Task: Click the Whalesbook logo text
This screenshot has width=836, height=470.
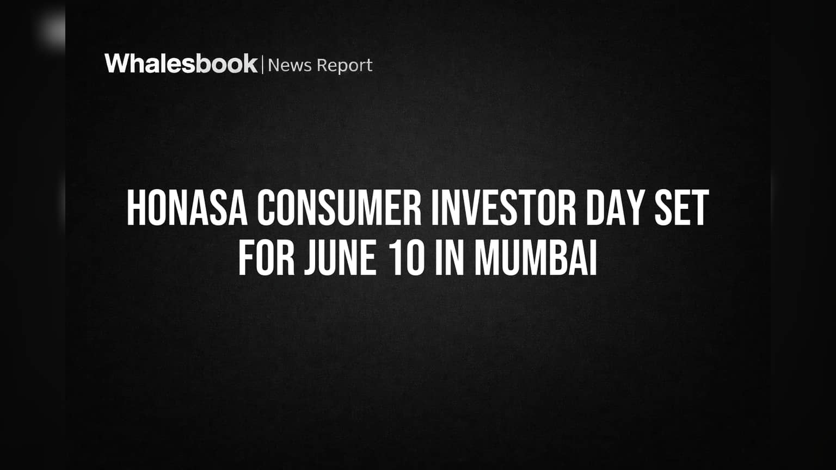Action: (181, 64)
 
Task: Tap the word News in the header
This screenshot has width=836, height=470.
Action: (290, 65)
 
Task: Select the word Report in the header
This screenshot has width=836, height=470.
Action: (345, 66)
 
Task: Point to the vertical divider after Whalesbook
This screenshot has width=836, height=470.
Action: (263, 64)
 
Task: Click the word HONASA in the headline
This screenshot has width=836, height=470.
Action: (187, 208)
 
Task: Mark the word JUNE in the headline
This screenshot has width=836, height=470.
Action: (340, 258)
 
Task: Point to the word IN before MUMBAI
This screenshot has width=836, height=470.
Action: (450, 258)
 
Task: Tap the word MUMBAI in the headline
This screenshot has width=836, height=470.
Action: (536, 258)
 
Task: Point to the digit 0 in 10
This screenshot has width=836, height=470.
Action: (415, 258)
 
